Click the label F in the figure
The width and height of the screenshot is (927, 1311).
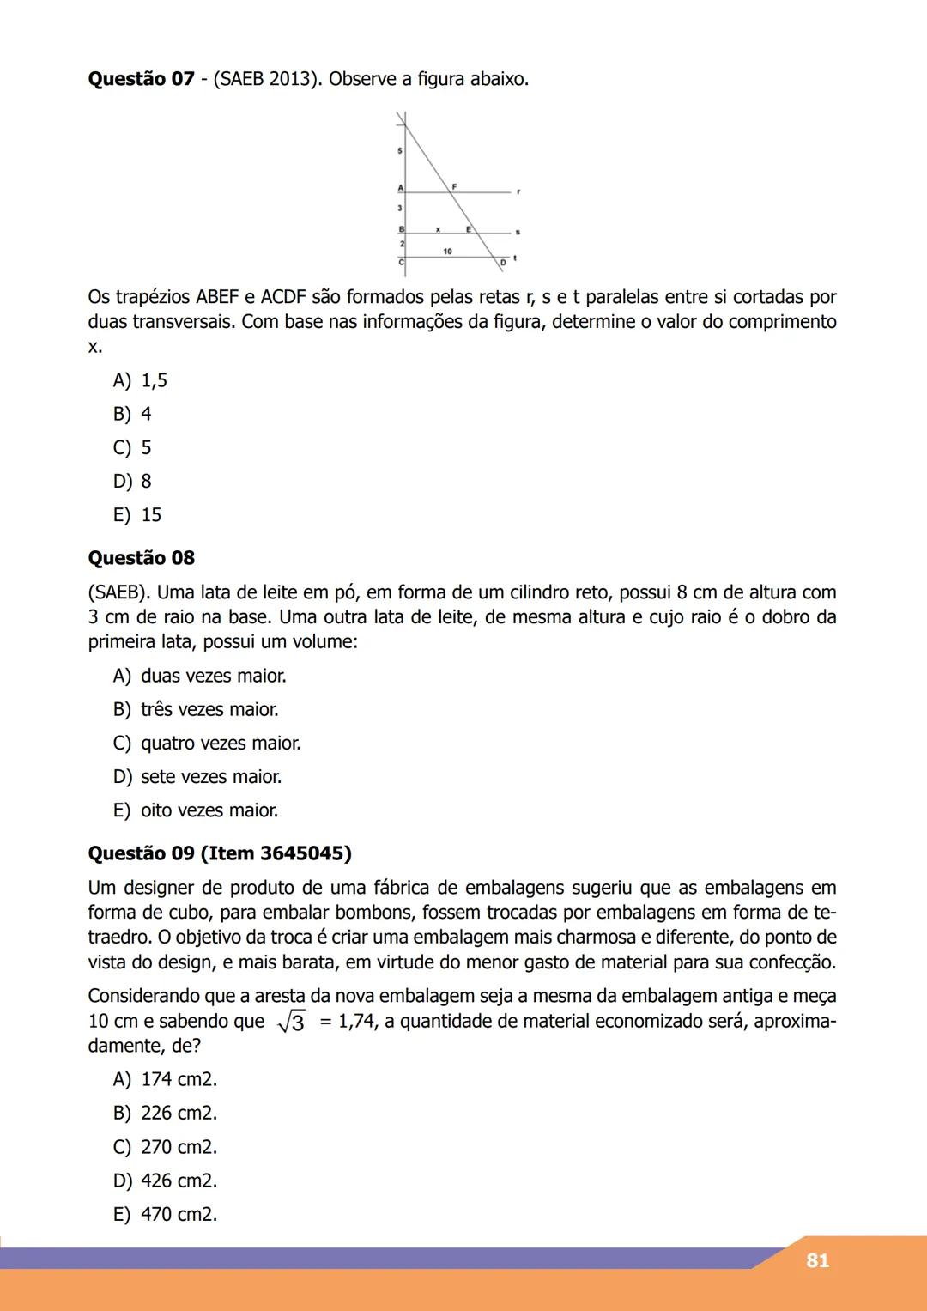(454, 185)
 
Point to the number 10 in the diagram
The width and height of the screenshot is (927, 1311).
(448, 251)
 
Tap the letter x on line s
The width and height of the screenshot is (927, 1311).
(438, 230)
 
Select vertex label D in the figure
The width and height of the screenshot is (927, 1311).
(504, 261)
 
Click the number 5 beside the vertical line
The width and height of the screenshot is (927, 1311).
(399, 151)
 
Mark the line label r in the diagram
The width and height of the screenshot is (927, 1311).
(518, 192)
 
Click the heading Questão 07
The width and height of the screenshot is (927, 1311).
(141, 79)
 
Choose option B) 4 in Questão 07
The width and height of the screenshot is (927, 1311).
(132, 414)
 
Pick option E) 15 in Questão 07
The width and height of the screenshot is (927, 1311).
(137, 515)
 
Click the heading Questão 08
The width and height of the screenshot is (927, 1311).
(141, 558)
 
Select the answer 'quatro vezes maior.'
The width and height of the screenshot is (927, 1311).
(221, 744)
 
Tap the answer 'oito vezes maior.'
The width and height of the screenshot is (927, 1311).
(209, 810)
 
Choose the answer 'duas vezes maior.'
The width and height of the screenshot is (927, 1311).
(213, 677)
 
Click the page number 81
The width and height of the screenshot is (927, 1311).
(817, 1260)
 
